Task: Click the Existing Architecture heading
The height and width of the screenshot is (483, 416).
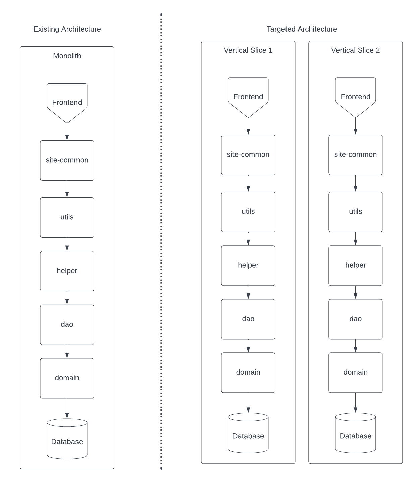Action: [x=67, y=29]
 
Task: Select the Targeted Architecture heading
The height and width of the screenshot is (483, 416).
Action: [x=302, y=29]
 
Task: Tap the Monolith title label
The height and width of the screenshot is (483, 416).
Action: [x=67, y=56]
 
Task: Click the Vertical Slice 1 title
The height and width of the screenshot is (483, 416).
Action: [x=248, y=50]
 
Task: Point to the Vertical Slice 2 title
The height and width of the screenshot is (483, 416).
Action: [x=355, y=50]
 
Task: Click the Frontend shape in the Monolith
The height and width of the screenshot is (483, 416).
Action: [x=67, y=103]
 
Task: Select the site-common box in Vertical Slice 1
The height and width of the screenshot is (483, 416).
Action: [x=248, y=155]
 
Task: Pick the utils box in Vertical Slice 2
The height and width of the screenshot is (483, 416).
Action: [x=355, y=212]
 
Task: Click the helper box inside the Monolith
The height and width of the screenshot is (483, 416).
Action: [x=67, y=271]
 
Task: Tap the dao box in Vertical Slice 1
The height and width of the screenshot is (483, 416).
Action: [x=248, y=319]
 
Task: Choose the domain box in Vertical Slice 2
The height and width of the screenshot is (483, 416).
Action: [x=355, y=372]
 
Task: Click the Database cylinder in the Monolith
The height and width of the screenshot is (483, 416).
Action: [x=67, y=439]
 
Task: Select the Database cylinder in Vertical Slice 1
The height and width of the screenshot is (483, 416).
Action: [x=248, y=433]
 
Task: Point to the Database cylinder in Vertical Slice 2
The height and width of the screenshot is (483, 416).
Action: [x=355, y=433]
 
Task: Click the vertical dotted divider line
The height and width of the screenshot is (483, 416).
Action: [x=161, y=241]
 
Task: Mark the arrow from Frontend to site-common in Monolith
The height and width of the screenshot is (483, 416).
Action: [x=67, y=131]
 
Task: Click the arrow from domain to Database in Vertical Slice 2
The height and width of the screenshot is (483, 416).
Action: [x=355, y=403]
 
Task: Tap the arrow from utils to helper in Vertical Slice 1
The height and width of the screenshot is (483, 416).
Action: [x=248, y=238]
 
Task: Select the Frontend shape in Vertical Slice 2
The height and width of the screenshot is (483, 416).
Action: [x=355, y=98]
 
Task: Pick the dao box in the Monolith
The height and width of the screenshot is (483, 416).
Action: [x=67, y=325]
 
